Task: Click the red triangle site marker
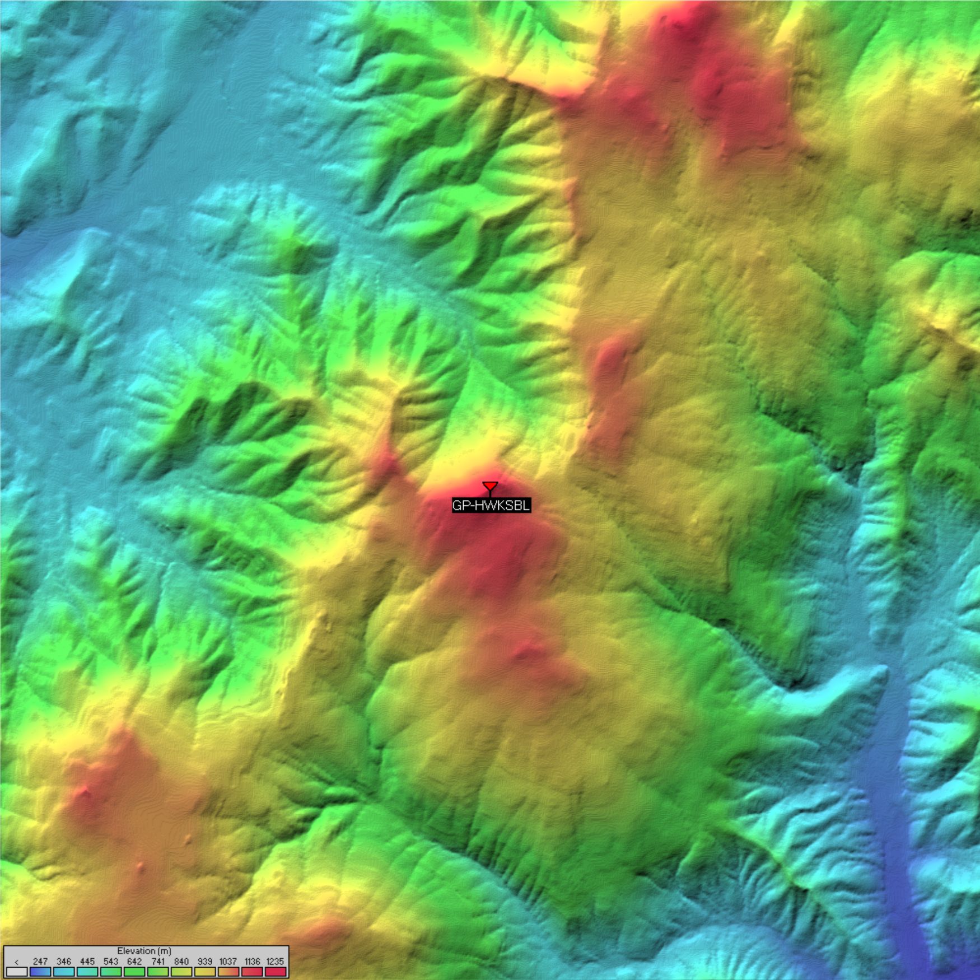(490, 486)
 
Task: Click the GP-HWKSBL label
(491, 505)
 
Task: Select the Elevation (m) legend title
(144, 950)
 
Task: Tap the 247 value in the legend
(40, 961)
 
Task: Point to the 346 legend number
(64, 961)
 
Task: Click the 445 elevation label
(87, 961)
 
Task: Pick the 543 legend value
(111, 961)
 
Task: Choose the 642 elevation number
(134, 961)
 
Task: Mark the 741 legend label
(158, 961)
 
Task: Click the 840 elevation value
(181, 961)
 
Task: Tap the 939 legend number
(205, 961)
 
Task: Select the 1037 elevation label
(228, 961)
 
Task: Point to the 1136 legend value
(252, 961)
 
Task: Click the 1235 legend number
(275, 961)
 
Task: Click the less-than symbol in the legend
(17, 962)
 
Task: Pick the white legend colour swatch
(17, 971)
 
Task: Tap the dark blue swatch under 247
(40, 971)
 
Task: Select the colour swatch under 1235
(275, 971)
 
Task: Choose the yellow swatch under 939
(205, 971)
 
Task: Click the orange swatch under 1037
(228, 971)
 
